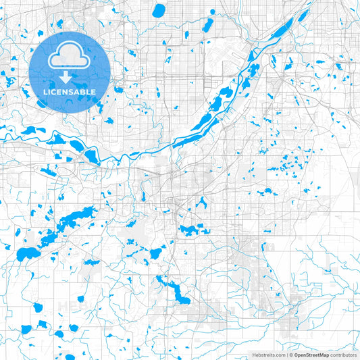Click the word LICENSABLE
(x=70, y=92)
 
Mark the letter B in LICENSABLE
(x=83, y=92)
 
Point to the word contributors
(x=343, y=355)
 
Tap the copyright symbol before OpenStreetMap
(x=290, y=355)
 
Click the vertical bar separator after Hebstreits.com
(x=286, y=355)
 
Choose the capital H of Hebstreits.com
(x=254, y=355)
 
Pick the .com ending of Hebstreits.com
(x=280, y=355)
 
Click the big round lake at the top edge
(x=159, y=11)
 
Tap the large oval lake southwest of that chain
(x=28, y=255)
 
